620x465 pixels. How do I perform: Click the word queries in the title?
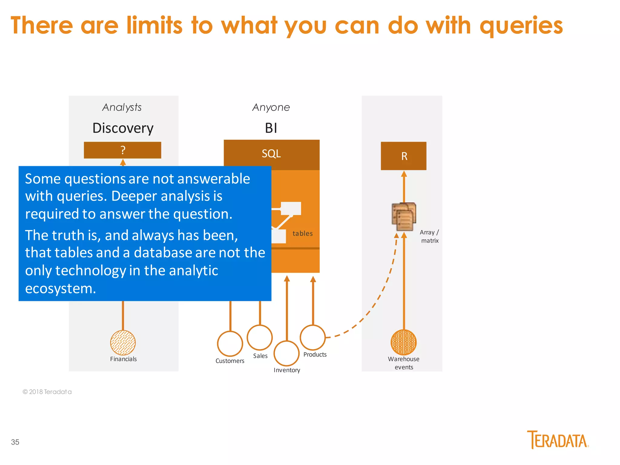[x=521, y=26]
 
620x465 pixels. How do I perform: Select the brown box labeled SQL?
[x=272, y=154]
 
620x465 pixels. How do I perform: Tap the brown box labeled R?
[x=404, y=156]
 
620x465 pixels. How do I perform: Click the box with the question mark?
[x=122, y=150]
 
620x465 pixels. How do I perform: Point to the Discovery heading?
[x=123, y=128]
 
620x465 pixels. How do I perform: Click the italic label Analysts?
[x=122, y=107]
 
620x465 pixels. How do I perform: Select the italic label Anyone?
[x=271, y=107]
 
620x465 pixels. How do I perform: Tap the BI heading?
[x=271, y=128]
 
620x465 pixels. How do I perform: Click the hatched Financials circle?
[x=123, y=343]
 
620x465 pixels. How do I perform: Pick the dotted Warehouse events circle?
[x=404, y=342]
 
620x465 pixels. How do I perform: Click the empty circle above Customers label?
[x=230, y=344]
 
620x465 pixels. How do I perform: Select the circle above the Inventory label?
[x=286, y=353]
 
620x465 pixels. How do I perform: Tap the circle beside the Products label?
[x=313, y=337]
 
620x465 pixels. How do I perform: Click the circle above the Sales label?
[x=260, y=337]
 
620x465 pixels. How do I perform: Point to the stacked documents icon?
[x=404, y=216]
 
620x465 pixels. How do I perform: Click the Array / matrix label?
[x=429, y=236]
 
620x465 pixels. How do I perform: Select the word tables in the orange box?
[x=302, y=233]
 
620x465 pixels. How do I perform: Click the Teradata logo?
[x=558, y=440]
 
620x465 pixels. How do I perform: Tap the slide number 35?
[x=15, y=442]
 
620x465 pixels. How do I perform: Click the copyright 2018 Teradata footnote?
[x=47, y=392]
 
